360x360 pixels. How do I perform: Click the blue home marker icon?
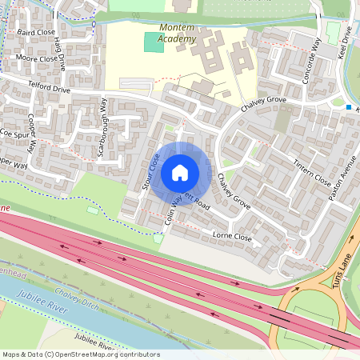[180, 172]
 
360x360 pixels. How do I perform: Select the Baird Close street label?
[36, 33]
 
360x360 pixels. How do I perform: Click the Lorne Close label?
[232, 237]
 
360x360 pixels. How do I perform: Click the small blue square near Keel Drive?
[350, 106]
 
